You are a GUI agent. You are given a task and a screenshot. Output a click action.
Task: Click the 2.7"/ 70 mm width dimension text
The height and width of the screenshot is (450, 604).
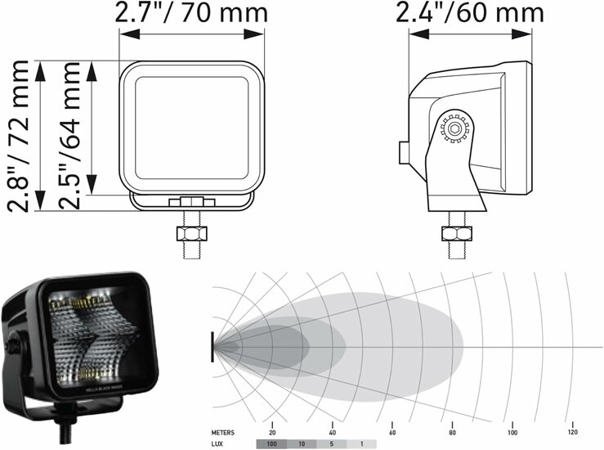pyautogui.click(x=191, y=13)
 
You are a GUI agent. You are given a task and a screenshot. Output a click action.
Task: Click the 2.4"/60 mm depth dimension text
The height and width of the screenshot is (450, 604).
pyautogui.click(x=470, y=13)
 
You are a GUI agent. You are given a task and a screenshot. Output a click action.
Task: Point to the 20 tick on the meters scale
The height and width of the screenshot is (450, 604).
pyautogui.click(x=272, y=432)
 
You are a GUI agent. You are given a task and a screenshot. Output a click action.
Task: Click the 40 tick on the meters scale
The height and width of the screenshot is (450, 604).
pyautogui.click(x=333, y=432)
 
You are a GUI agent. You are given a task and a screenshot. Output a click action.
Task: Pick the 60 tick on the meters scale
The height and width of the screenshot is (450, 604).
pyautogui.click(x=392, y=432)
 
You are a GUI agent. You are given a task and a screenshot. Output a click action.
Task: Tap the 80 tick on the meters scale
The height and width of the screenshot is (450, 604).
pyautogui.click(x=452, y=432)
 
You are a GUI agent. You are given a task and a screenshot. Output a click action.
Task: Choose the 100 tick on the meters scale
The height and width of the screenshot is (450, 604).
pyautogui.click(x=512, y=432)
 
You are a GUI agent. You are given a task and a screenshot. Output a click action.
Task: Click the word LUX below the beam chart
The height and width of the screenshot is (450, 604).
pyautogui.click(x=217, y=444)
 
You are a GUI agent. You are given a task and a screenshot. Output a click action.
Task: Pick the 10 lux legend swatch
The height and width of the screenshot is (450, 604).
pyautogui.click(x=302, y=444)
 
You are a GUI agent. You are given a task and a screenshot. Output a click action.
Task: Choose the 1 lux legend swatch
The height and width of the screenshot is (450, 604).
pyautogui.click(x=362, y=444)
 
